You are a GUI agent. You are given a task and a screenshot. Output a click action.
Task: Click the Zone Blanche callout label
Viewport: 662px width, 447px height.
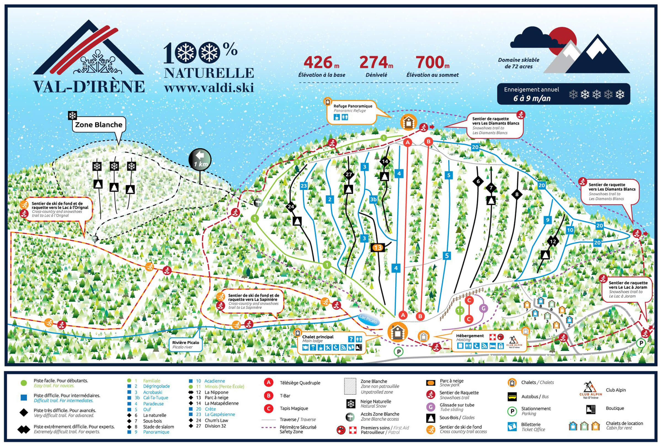[x=98, y=125]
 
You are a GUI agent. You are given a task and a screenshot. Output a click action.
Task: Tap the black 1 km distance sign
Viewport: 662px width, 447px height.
[x=200, y=160]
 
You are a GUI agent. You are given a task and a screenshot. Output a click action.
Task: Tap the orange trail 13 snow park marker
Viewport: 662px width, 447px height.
[x=378, y=247]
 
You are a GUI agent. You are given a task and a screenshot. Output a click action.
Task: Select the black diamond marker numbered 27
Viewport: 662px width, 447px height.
[x=349, y=175]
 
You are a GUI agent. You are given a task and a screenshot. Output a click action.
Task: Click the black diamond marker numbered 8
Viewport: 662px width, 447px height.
[x=517, y=195]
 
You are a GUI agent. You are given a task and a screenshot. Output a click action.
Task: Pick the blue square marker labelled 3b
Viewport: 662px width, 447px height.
[x=373, y=199]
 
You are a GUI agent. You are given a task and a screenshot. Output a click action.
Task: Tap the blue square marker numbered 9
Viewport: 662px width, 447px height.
[x=547, y=220]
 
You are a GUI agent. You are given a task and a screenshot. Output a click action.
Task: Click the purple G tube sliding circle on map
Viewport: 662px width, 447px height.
[x=483, y=308]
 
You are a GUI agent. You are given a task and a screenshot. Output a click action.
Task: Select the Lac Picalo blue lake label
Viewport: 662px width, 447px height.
[x=368, y=319]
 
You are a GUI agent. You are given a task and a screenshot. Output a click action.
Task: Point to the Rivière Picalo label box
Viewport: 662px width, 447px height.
[x=186, y=344]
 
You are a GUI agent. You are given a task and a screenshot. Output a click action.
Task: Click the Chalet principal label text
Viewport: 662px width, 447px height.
[x=317, y=337]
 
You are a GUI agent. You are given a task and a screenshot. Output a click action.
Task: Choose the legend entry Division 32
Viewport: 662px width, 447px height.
[x=215, y=426]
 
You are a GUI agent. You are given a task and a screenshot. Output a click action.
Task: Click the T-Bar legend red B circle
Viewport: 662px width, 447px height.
[x=268, y=395]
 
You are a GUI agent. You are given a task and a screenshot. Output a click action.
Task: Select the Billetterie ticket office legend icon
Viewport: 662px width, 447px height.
[x=512, y=427]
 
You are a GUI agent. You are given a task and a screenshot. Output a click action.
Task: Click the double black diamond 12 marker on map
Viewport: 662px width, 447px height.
[x=552, y=242]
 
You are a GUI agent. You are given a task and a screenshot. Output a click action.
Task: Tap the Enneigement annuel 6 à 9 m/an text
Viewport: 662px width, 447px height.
[x=532, y=94]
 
